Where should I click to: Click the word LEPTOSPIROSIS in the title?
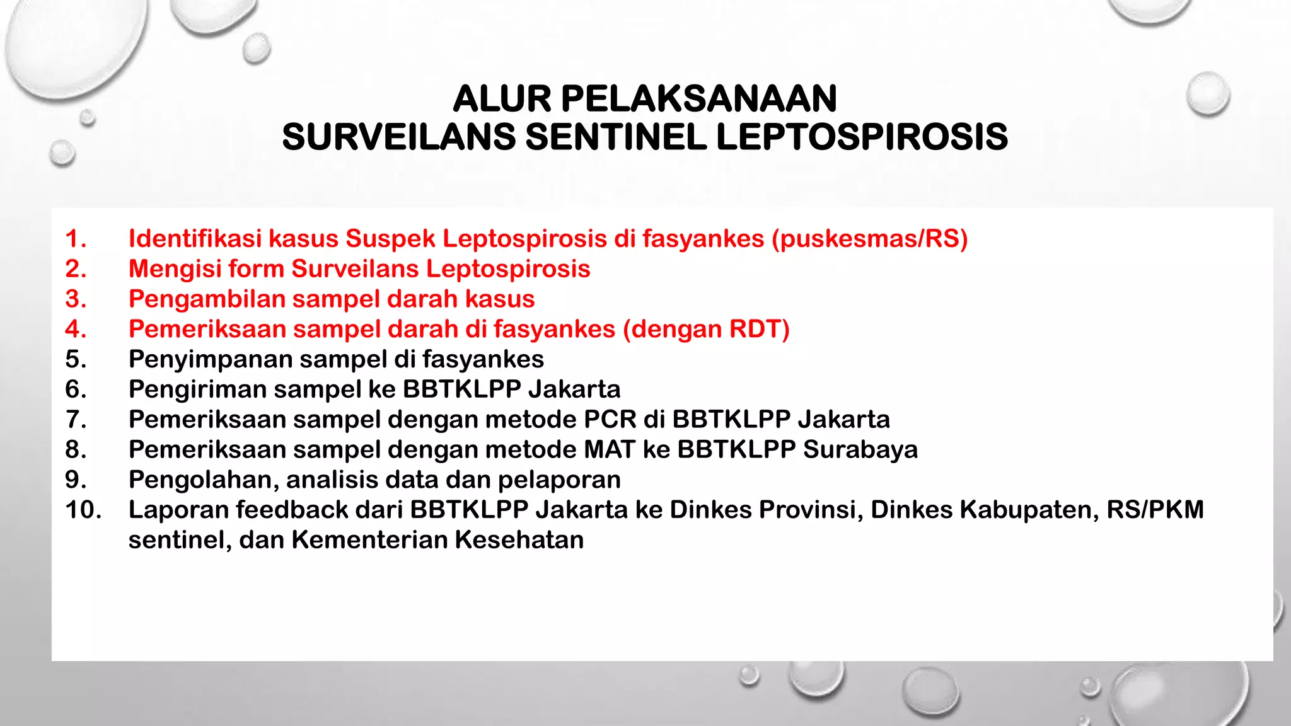862,137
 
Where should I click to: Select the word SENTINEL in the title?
616,137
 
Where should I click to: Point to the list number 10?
83,510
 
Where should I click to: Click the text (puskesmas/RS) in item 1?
869,239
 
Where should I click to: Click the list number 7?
75,420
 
